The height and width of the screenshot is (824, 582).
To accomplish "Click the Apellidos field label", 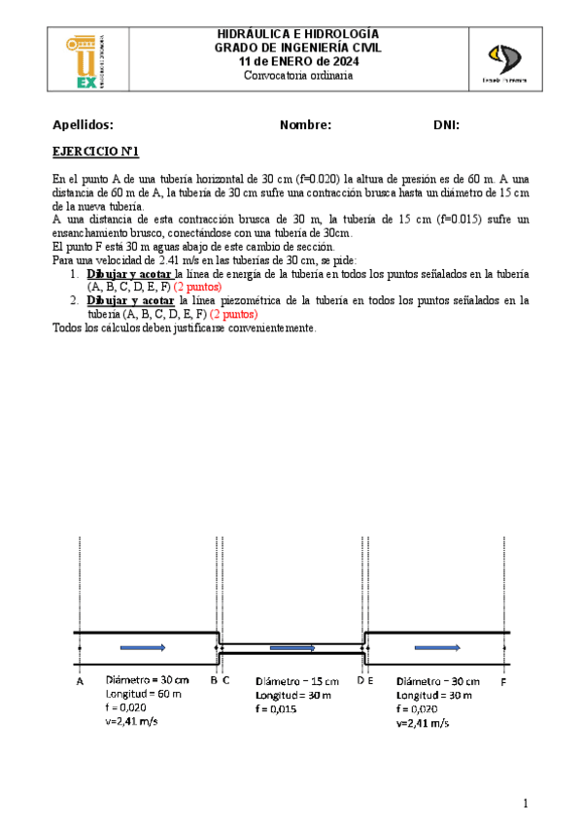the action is [83, 125].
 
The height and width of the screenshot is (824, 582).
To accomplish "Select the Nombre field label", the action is [305, 125].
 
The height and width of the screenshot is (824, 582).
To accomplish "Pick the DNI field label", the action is [446, 125].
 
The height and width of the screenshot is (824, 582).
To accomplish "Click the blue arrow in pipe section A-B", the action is [144, 646].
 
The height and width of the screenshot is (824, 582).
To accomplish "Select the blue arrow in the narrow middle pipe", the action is [291, 648].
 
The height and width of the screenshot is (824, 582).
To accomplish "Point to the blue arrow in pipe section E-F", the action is [435, 646].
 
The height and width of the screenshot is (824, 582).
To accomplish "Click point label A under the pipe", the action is [79, 682].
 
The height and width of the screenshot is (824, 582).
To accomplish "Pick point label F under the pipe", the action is [503, 682].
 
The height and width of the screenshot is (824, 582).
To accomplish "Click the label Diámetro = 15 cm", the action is [297, 682].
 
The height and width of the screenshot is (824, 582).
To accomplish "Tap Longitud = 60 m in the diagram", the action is [144, 694].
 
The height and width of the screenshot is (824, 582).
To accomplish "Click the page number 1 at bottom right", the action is [525, 803].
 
